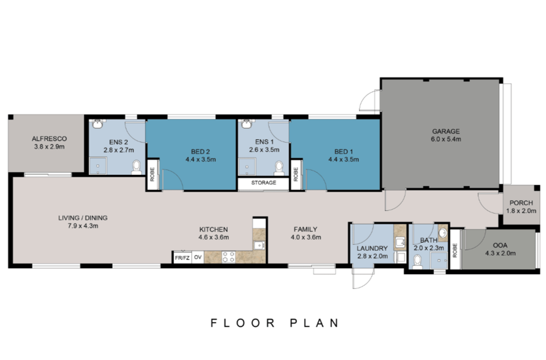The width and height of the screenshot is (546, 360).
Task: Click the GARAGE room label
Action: (x=446, y=131)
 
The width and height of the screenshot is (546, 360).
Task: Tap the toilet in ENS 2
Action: (x=136, y=167)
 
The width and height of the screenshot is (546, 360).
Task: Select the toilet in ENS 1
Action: (x=279, y=168)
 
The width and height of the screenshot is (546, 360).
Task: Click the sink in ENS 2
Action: (x=98, y=124)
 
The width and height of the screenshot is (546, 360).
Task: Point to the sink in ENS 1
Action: (x=247, y=123)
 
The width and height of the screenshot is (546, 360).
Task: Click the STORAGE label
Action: (x=264, y=182)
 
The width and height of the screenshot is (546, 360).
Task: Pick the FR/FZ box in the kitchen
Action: (x=182, y=258)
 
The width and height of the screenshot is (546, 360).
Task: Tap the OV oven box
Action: (x=198, y=258)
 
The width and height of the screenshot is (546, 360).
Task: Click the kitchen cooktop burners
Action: (x=228, y=256)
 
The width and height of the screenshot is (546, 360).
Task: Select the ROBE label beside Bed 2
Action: (x=152, y=174)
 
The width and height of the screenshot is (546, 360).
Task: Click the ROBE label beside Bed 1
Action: (x=296, y=174)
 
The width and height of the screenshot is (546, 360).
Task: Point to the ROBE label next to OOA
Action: (x=455, y=251)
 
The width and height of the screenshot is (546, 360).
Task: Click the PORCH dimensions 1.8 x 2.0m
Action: (x=521, y=211)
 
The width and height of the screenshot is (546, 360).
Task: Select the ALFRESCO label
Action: (x=49, y=139)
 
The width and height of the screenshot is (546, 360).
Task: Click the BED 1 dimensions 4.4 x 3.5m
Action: (x=344, y=160)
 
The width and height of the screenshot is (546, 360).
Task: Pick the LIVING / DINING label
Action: (x=83, y=218)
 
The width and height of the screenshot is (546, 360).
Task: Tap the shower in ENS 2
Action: (x=98, y=166)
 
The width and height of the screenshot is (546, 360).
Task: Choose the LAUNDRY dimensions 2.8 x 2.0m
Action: (x=372, y=256)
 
